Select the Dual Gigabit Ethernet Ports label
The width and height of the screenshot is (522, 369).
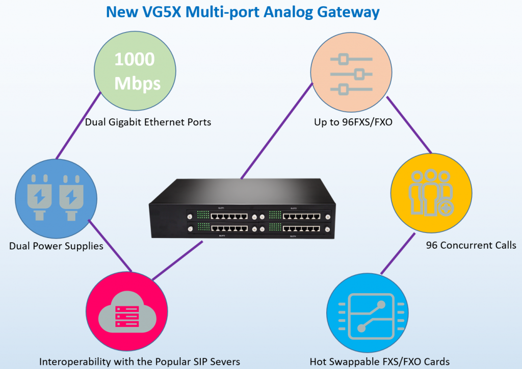[x=148, y=122]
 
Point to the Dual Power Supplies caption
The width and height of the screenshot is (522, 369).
[x=56, y=246]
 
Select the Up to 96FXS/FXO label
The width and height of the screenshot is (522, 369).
[x=353, y=122]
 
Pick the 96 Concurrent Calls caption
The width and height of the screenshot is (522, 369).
[x=471, y=245]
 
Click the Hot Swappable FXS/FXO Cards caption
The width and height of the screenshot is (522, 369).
[x=380, y=362]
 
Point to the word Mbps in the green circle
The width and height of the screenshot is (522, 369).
[x=137, y=83]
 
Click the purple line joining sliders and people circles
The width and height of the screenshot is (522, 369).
[x=409, y=124]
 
